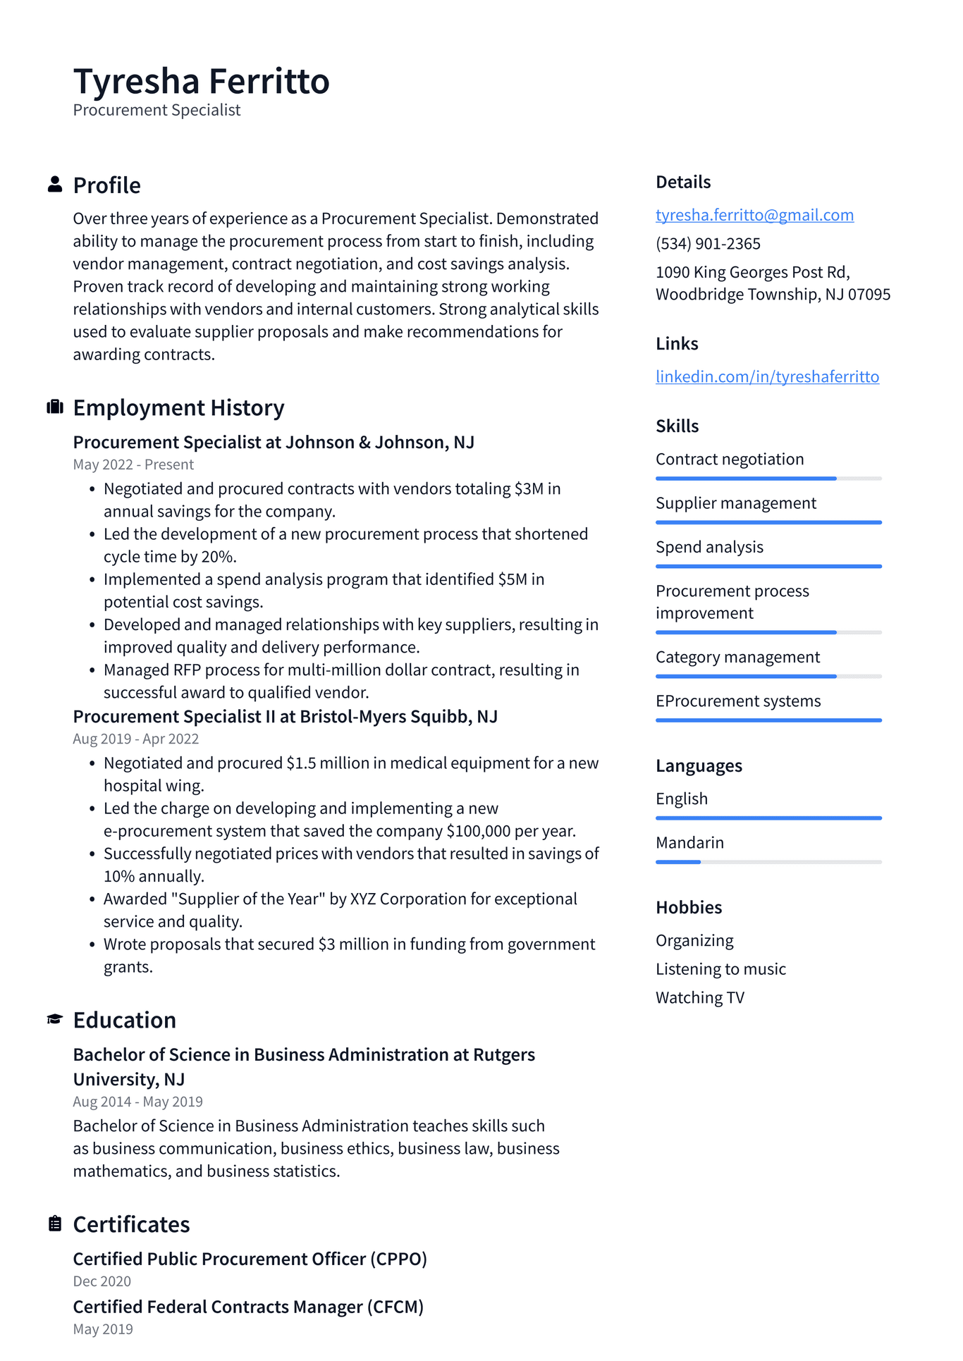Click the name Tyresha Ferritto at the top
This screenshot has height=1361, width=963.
[x=201, y=81]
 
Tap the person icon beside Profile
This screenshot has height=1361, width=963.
[x=55, y=185]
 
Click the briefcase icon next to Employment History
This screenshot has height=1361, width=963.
[x=55, y=407]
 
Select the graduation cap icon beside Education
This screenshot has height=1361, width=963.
[x=55, y=1019]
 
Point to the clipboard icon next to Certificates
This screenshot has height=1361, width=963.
[x=55, y=1224]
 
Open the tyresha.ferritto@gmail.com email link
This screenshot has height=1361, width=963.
[x=754, y=215]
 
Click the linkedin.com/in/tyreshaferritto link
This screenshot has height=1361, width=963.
[x=767, y=376]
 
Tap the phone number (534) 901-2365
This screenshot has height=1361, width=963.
[x=708, y=244]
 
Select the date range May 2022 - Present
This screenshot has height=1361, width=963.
[x=133, y=464]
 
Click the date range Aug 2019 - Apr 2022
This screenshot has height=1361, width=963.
[x=135, y=739]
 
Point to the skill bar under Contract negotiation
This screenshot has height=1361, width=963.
[x=768, y=479]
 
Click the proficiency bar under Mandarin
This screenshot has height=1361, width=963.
[x=768, y=862]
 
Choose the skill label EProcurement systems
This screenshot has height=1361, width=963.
[x=738, y=701]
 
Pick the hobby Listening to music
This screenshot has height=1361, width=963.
[x=720, y=969]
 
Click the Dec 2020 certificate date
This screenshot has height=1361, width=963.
[x=102, y=1281]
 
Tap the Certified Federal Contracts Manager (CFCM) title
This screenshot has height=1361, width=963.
[x=248, y=1307]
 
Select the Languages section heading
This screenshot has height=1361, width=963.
[x=699, y=765]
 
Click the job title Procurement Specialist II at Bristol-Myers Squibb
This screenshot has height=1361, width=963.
[x=285, y=717]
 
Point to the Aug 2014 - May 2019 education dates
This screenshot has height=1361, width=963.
[x=137, y=1102]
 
